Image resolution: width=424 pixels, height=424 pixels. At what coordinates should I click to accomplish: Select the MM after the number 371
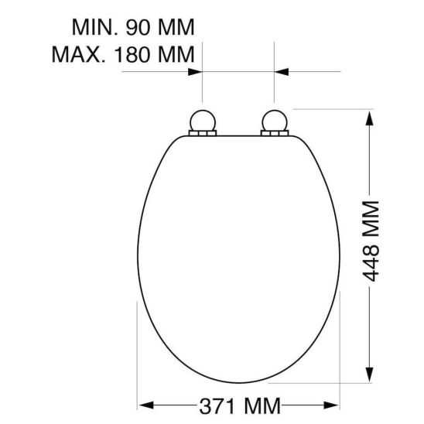(x=258, y=405)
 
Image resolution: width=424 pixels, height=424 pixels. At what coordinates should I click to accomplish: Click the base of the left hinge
(x=202, y=135)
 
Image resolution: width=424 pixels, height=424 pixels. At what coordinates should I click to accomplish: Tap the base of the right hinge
(x=275, y=135)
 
